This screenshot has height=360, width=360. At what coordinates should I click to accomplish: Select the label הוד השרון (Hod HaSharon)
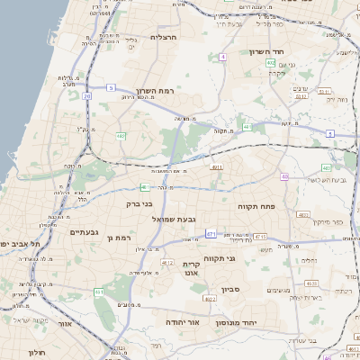click(267, 52)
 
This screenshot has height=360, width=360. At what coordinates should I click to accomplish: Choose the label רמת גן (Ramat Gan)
click(119, 238)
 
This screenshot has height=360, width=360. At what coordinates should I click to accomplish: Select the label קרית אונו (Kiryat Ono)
click(191, 267)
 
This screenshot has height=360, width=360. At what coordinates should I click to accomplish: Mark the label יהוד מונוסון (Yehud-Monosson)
click(237, 321)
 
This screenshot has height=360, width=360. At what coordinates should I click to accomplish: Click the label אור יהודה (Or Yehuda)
click(183, 321)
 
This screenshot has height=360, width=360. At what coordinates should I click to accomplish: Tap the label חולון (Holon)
click(37, 352)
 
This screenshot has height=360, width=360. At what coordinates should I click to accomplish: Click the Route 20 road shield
click(86, 95)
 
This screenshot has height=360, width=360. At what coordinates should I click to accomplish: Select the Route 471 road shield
click(210, 234)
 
